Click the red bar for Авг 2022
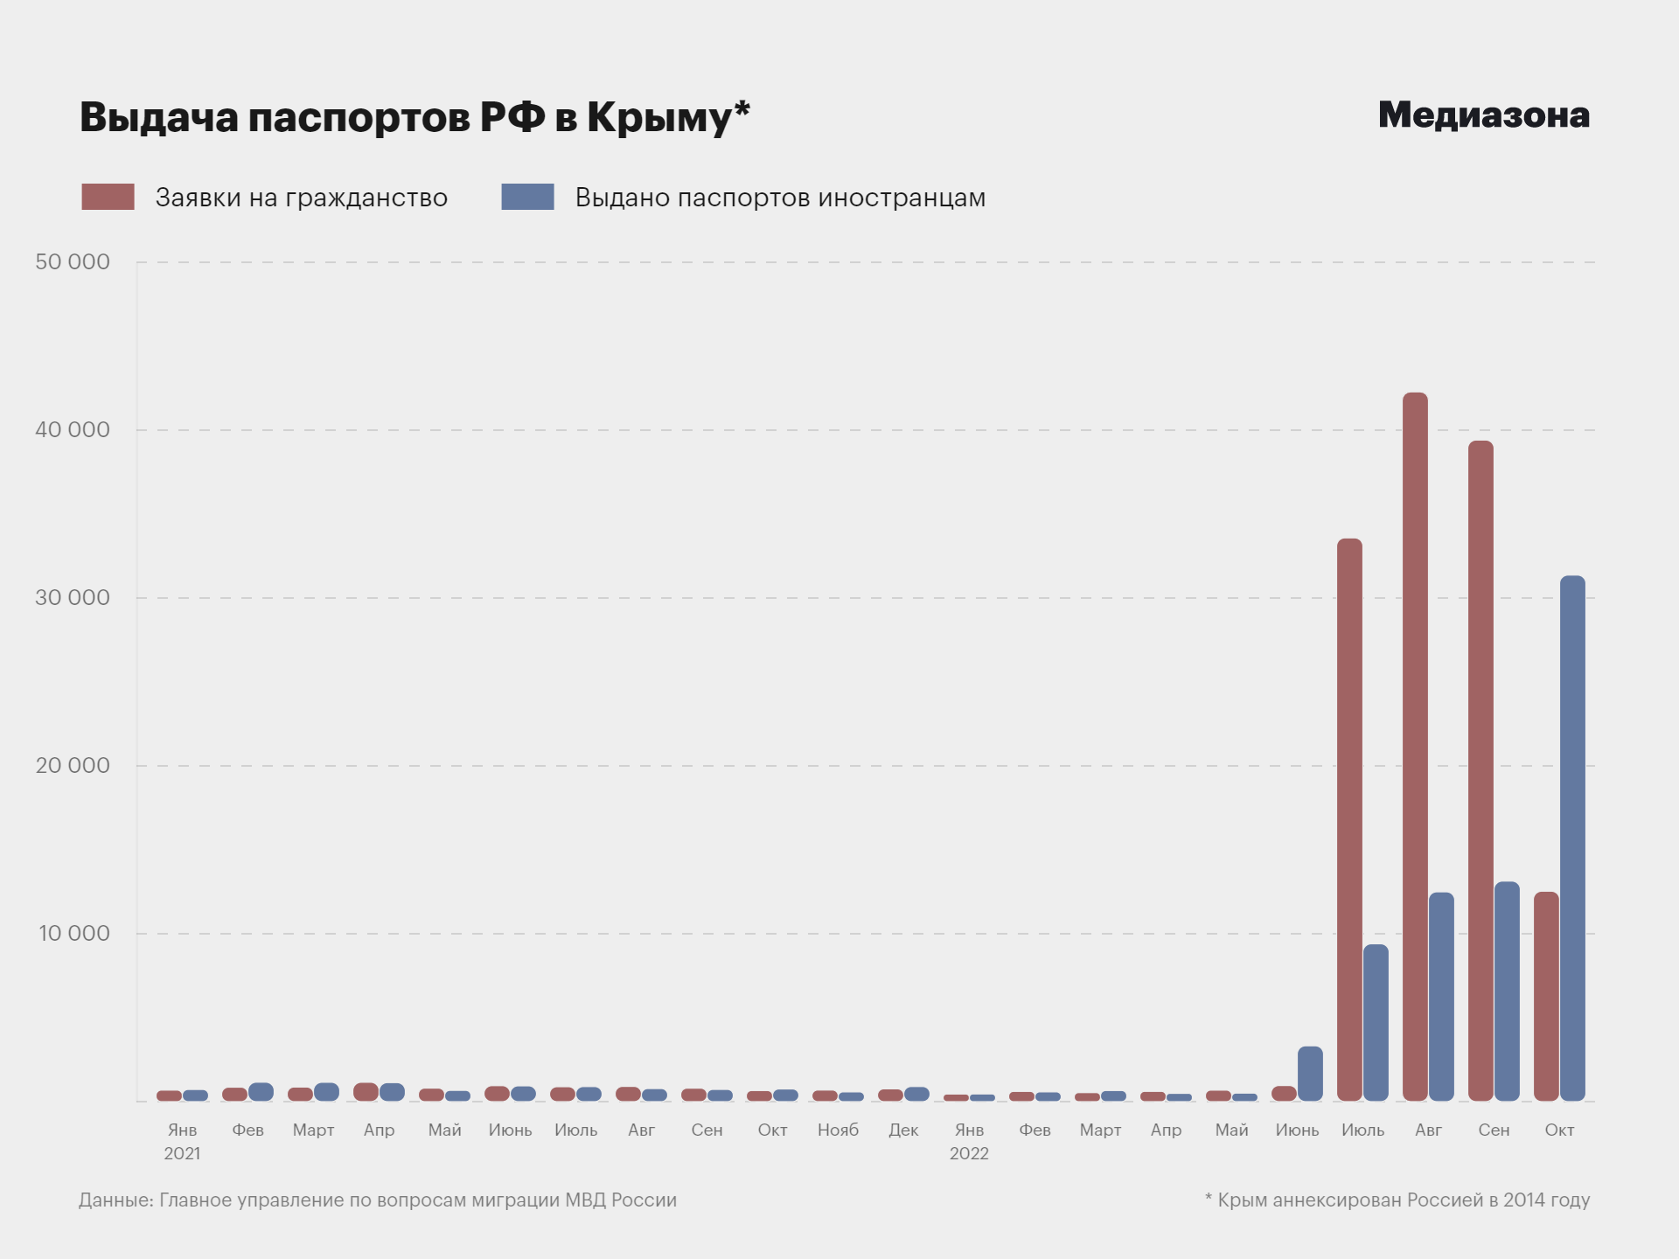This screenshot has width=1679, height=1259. pyautogui.click(x=1415, y=747)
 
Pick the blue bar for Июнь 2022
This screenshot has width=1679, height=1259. pyautogui.click(x=1310, y=1074)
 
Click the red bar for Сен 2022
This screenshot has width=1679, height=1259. pyautogui.click(x=1480, y=770)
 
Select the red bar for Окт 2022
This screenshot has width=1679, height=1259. pyautogui.click(x=1546, y=996)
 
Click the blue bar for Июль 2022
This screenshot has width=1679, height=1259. pyautogui.click(x=1376, y=1022)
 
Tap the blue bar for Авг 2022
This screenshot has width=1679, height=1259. pyautogui.click(x=1441, y=996)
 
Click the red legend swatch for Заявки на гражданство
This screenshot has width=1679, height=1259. pyautogui.click(x=108, y=197)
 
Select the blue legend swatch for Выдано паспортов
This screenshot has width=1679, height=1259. pyautogui.click(x=527, y=197)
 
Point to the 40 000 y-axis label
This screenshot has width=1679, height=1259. pyautogui.click(x=73, y=429)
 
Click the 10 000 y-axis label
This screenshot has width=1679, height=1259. pyautogui.click(x=73, y=933)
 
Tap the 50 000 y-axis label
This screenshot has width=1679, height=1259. pyautogui.click(x=73, y=261)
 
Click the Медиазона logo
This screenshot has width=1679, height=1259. pyautogui.click(x=1483, y=115)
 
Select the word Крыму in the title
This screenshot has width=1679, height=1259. pyautogui.click(x=658, y=117)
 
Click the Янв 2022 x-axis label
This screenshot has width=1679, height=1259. pyautogui.click(x=969, y=1141)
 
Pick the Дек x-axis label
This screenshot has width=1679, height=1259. pyautogui.click(x=903, y=1130)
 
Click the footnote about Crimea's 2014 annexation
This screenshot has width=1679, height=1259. pyautogui.click(x=1397, y=1200)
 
